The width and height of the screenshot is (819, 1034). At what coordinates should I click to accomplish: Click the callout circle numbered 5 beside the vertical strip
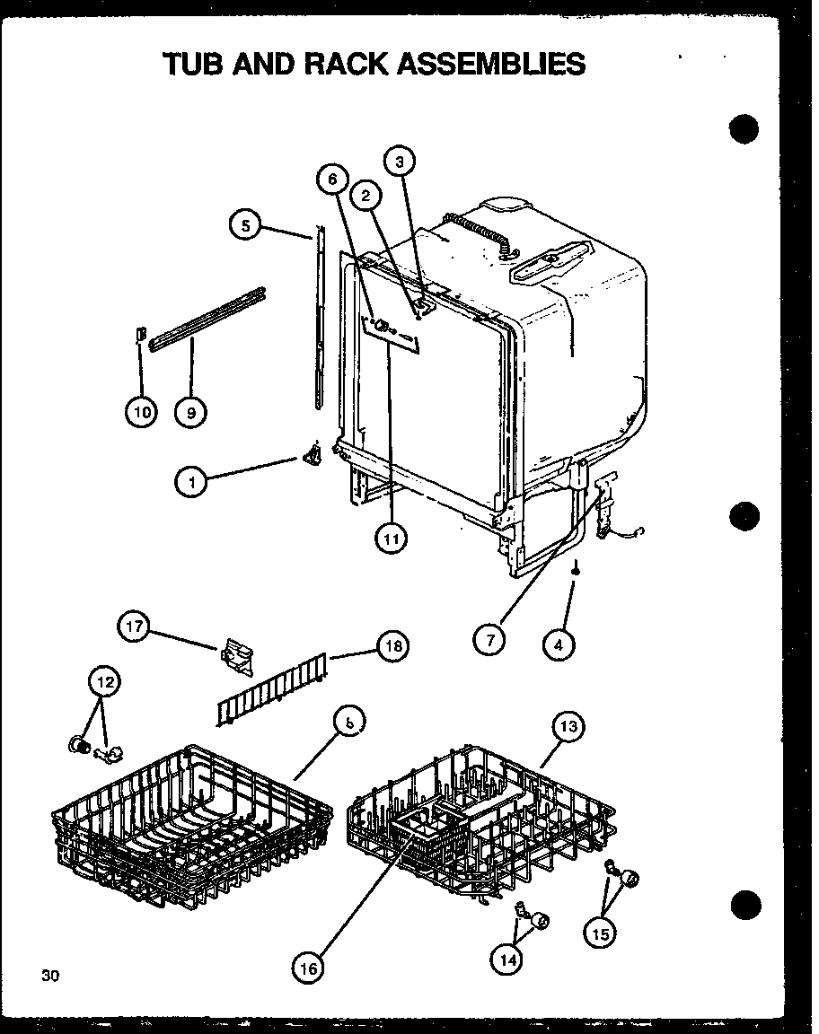pos(246,225)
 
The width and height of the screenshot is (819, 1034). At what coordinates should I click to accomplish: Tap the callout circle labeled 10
pos(141,412)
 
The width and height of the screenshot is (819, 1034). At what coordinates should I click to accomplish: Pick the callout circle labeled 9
pos(190,412)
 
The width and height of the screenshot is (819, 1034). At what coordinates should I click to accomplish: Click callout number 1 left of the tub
pos(191,483)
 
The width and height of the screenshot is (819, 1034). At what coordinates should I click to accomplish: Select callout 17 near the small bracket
pos(135,627)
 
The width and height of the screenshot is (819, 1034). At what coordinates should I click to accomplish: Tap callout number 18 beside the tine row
pos(392,647)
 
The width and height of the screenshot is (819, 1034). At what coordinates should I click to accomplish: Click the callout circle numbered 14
pos(508,960)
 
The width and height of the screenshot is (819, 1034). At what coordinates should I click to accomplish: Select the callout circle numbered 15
pos(601,934)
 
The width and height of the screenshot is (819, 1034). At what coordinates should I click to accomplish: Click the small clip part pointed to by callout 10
pos(140,334)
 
